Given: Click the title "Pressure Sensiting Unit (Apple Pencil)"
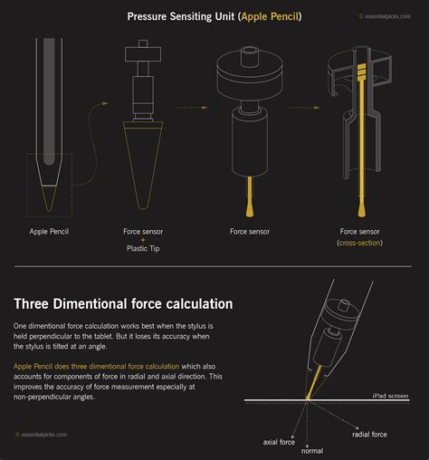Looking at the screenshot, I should (x=214, y=16).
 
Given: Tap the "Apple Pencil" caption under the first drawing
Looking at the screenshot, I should (x=49, y=232).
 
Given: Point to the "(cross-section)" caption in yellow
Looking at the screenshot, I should (x=358, y=244).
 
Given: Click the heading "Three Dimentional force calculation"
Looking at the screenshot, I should (x=123, y=304).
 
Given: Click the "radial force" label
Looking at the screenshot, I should (x=369, y=434).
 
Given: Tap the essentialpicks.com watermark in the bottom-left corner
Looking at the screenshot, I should (x=41, y=435).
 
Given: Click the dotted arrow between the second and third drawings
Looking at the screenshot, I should (x=193, y=107).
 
